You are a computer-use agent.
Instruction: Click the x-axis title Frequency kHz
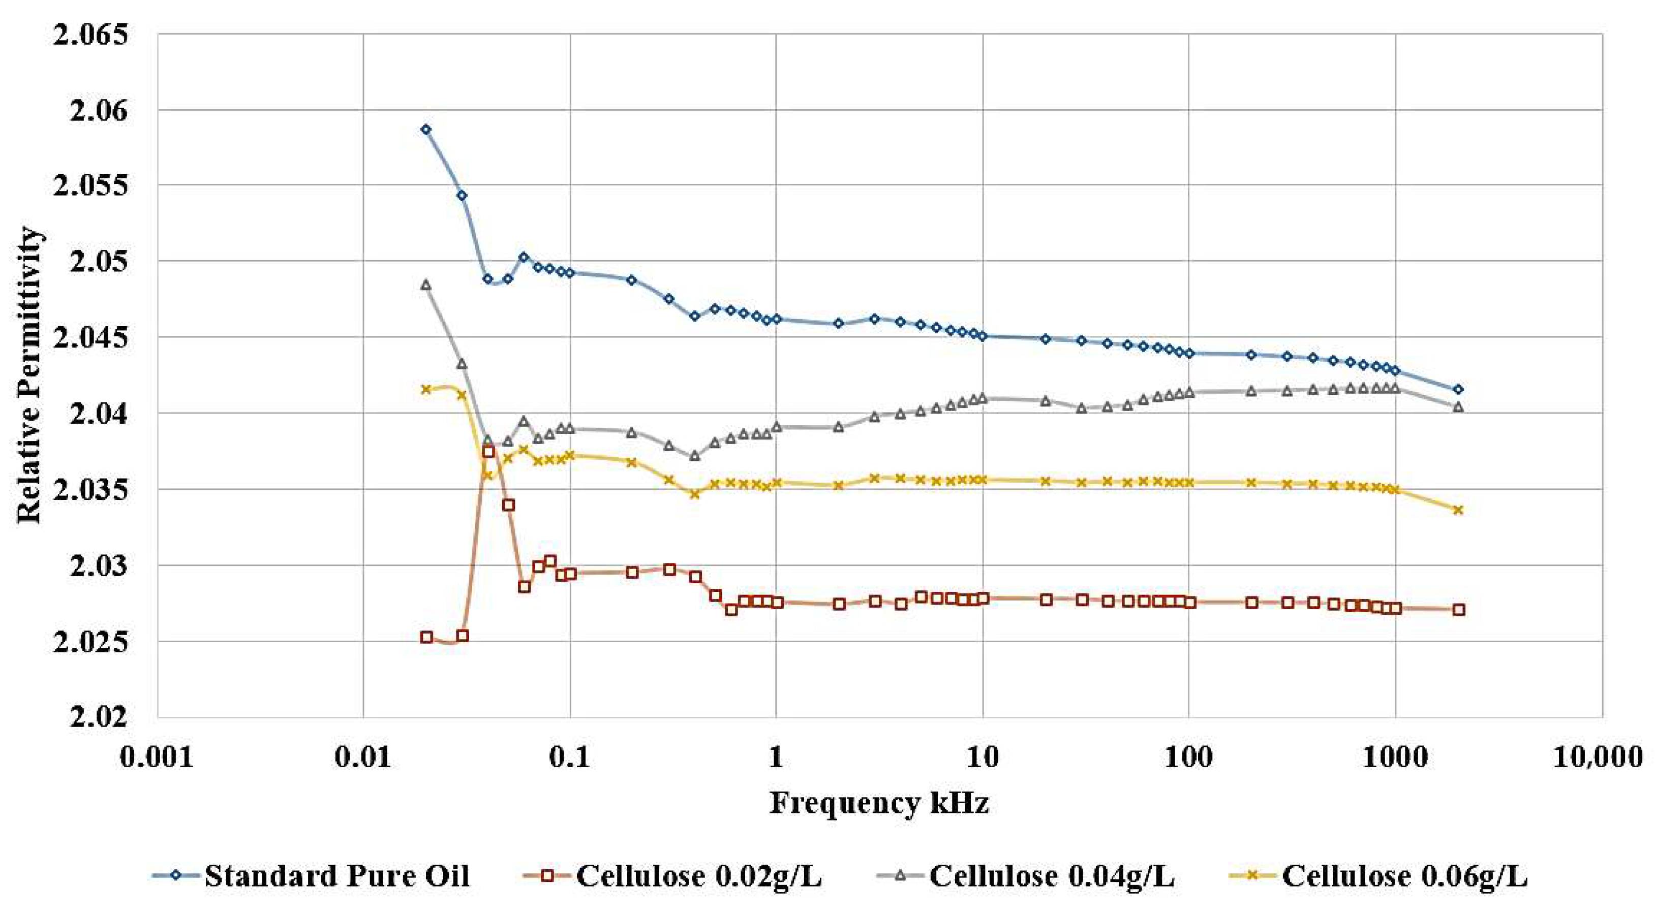click(878, 802)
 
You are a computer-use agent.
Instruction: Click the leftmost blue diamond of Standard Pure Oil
click(425, 129)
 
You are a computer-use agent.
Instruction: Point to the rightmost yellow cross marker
click(1458, 510)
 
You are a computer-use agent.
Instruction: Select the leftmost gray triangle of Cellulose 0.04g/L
click(425, 285)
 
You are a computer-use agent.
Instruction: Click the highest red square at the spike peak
click(488, 452)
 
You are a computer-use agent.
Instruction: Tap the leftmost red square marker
click(426, 637)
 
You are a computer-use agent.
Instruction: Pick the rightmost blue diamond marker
click(1458, 389)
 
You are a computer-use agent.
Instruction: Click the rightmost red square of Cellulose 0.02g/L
click(1458, 610)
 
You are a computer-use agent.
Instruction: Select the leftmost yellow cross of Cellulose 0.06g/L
click(425, 389)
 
